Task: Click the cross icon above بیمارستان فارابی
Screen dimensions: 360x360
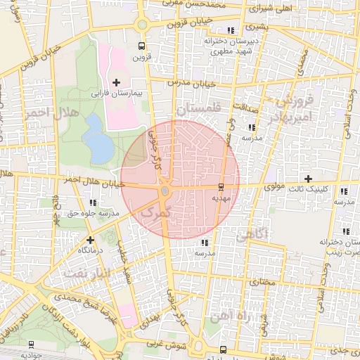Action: (116, 82)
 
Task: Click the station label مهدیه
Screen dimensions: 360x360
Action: (221, 198)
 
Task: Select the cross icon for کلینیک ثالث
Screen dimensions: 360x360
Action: (308, 179)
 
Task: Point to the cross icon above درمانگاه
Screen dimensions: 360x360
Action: (90, 240)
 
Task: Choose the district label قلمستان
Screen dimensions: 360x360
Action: (198, 109)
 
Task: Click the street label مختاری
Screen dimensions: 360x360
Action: (261, 282)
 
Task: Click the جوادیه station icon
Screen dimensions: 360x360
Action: (31, 345)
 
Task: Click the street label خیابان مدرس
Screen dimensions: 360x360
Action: (189, 83)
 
